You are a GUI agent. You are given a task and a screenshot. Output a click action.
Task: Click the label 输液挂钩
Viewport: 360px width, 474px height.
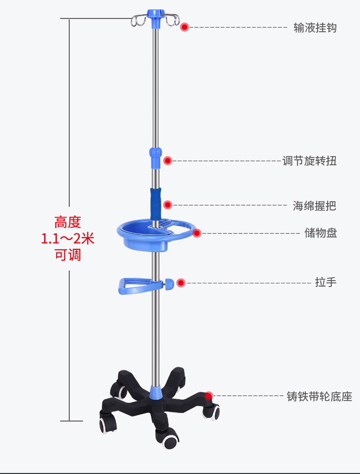tap(315, 27)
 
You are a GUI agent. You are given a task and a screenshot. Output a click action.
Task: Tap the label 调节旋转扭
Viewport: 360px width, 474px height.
tap(310, 160)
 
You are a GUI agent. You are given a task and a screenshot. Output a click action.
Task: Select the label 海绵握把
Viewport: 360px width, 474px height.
tap(314, 206)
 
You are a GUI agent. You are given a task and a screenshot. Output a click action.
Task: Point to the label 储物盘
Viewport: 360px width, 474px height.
tap(321, 233)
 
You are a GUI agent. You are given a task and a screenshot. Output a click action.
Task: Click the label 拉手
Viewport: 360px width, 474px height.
tap(326, 282)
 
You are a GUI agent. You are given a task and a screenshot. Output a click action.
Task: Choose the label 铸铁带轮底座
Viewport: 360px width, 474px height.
tap(319, 396)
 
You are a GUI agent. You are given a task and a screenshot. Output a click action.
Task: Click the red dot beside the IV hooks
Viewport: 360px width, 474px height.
tap(184, 27)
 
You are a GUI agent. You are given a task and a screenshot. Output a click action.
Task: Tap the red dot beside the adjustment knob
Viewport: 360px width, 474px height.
tap(168, 160)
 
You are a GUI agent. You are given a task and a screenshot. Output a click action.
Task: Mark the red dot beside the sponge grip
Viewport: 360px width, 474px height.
tap(168, 205)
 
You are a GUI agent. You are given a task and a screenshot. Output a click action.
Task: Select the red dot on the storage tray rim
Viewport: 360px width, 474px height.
tap(196, 233)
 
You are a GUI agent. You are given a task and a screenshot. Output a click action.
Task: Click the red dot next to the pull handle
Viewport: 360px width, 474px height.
tap(180, 283)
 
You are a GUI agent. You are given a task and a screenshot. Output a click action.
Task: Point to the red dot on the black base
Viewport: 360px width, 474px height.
tap(208, 396)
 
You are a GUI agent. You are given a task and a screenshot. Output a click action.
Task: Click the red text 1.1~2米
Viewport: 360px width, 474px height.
tap(68, 239)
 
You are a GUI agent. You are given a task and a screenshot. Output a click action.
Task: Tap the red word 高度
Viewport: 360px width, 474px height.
tap(68, 222)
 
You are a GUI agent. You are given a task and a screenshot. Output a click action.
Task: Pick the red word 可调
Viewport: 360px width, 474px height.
tap(68, 255)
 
